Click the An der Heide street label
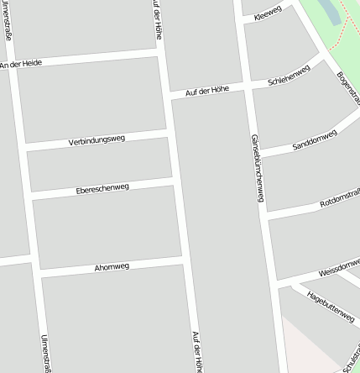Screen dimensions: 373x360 tap(21, 64)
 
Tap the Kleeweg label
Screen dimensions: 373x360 tap(268, 11)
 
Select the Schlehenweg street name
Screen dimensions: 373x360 tap(289, 76)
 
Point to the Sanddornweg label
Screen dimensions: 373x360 tap(315, 140)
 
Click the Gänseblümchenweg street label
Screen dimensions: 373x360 tap(257, 168)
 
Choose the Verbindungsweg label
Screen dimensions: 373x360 tap(97, 140)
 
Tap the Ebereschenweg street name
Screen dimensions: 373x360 tap(102, 189)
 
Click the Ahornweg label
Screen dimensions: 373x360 tap(112, 267)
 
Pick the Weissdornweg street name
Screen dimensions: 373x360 tap(340, 271)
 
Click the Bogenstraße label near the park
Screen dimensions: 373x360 tap(347, 84)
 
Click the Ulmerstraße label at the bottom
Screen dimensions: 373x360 tap(45, 353)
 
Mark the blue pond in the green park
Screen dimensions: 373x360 tap(326, 10)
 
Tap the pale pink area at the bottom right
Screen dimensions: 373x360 tap(315, 349)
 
